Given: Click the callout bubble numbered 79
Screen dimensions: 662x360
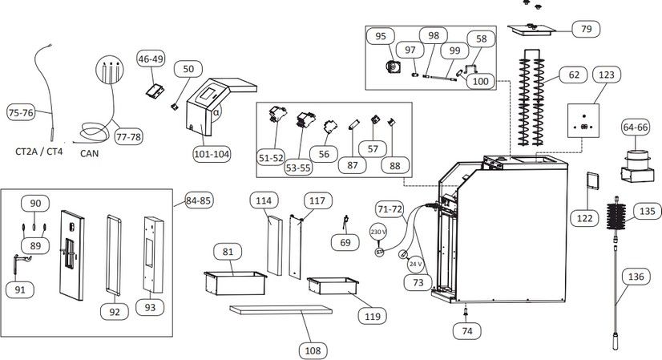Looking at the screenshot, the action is click(586, 29).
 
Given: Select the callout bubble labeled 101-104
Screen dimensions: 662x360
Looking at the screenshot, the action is click(212, 154).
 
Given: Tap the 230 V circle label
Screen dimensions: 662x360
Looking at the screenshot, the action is click(377, 232).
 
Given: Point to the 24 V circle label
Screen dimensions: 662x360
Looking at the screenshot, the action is click(415, 264).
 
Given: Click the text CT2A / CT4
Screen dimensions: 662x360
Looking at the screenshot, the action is click(38, 152).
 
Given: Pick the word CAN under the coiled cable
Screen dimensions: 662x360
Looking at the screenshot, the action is click(89, 153).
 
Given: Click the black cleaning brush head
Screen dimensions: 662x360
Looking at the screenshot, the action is click(616, 216).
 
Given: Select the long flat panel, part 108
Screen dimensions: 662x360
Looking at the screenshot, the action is click(281, 309).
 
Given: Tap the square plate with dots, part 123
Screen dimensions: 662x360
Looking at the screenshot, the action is click(583, 120).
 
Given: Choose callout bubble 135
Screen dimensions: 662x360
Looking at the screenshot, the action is click(648, 211).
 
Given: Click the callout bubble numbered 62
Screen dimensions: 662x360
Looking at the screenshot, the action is click(574, 75).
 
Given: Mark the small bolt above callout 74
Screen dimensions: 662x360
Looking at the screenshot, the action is click(466, 313).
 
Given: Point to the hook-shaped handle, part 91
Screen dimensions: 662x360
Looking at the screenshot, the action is click(20, 265).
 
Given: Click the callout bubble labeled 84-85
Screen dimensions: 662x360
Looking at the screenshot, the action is click(200, 200).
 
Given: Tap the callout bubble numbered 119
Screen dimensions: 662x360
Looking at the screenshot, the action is click(373, 316).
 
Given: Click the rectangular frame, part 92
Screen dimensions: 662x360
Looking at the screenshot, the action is click(114, 255).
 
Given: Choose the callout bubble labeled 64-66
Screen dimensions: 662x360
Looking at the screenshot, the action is click(636, 127).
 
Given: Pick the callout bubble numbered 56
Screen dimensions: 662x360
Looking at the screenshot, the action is click(324, 154).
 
